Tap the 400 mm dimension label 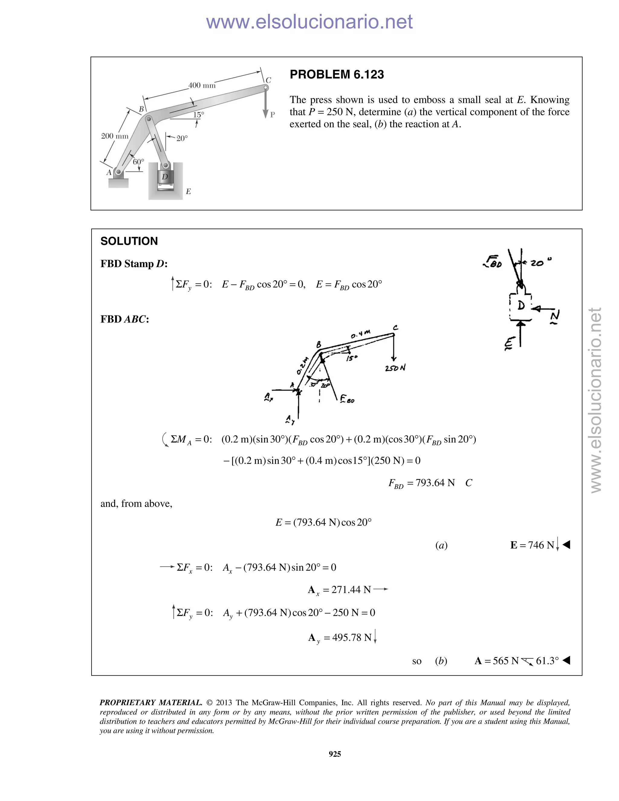click(x=202, y=86)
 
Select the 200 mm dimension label click(x=115, y=136)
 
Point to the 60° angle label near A click(x=138, y=161)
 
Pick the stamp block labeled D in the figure click(x=165, y=177)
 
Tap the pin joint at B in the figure click(x=148, y=119)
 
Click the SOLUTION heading click(x=129, y=241)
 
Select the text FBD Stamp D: click(x=134, y=264)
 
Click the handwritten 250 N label click(x=395, y=368)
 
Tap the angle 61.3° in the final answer click(x=547, y=661)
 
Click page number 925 click(x=335, y=754)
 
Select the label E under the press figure click(x=188, y=191)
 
